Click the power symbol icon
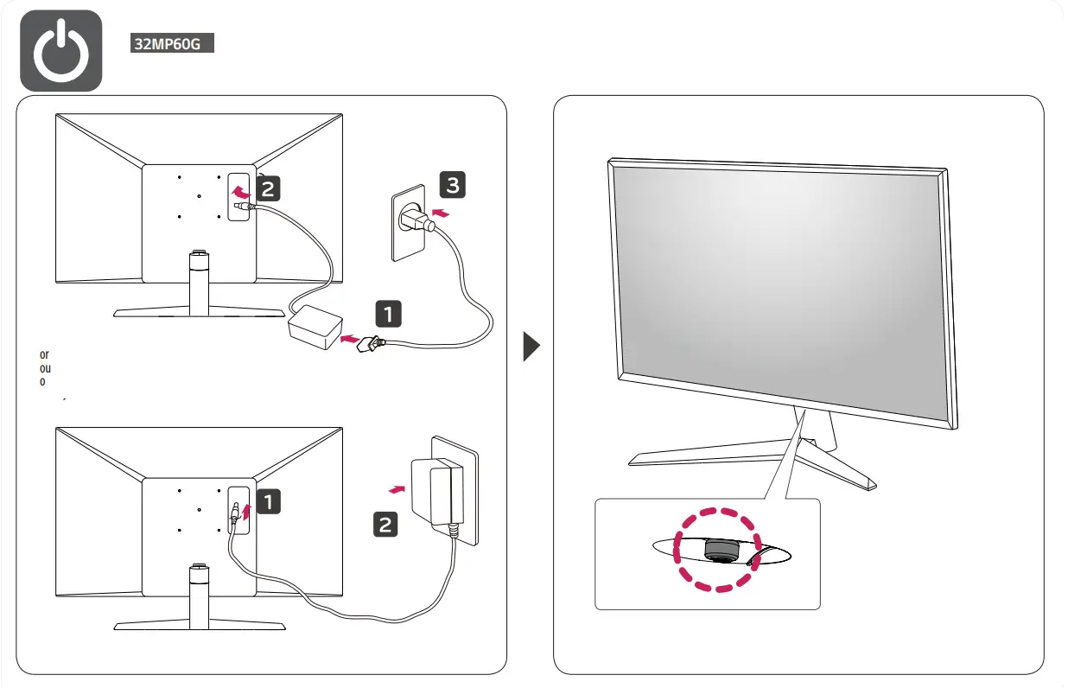click(60, 51)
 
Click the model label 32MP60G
click(172, 43)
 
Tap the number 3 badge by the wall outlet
click(452, 183)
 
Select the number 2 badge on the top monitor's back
click(269, 186)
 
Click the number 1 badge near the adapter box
click(388, 313)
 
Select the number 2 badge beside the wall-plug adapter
click(385, 524)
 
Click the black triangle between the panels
click(531, 347)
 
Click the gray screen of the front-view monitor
click(778, 285)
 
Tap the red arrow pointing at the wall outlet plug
click(441, 212)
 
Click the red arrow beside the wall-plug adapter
click(397, 489)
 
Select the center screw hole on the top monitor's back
click(199, 195)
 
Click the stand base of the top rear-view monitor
click(199, 312)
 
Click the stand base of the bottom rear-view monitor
click(199, 625)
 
